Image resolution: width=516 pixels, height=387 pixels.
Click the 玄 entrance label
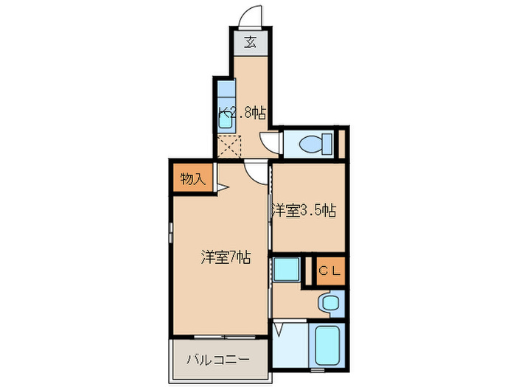[x=251, y=43]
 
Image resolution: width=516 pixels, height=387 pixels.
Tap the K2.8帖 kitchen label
[x=241, y=113]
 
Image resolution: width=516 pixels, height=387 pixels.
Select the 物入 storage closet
[x=193, y=178]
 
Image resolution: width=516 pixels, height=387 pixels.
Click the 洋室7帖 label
[x=226, y=257]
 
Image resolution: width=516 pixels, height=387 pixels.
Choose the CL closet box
[x=330, y=271]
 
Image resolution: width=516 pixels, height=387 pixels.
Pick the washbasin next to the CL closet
[x=328, y=302]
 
